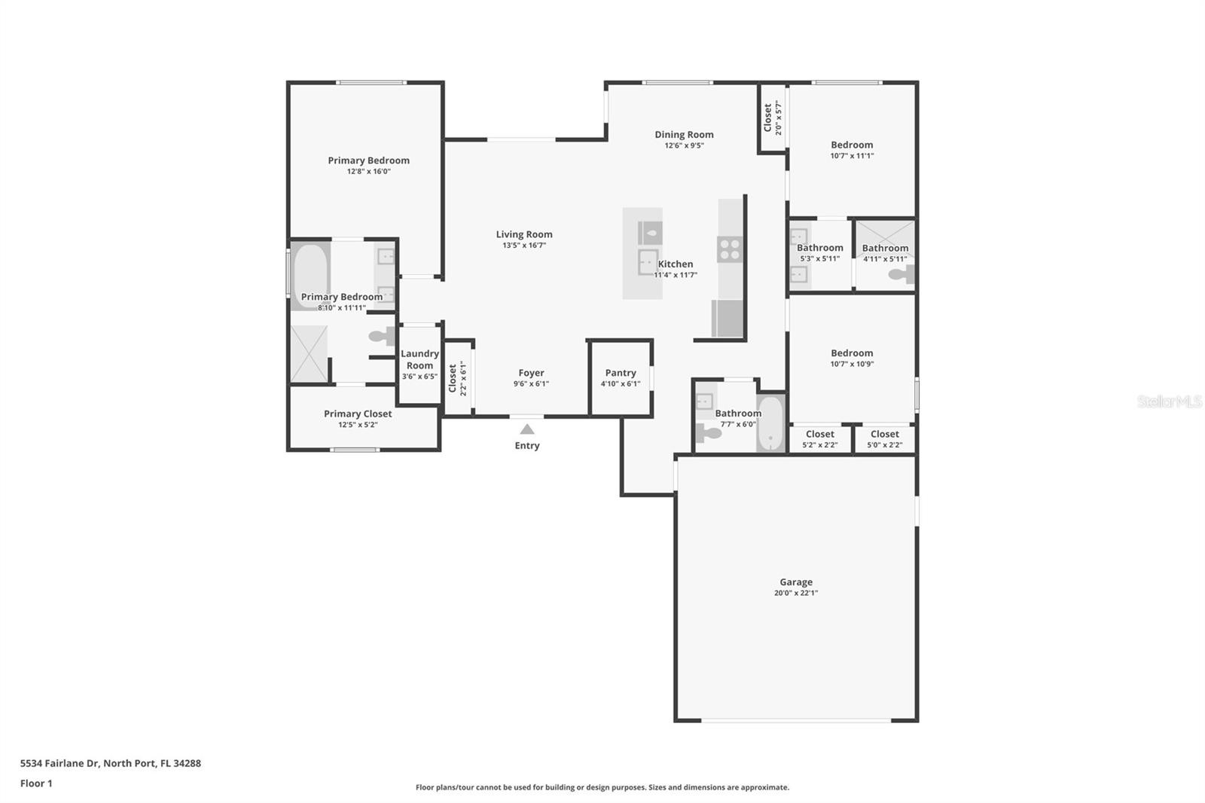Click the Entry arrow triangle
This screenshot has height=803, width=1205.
point(527,429)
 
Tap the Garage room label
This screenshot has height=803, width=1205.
point(796,582)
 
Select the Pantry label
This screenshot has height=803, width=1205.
point(621,372)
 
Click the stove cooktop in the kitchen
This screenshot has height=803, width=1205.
point(730,250)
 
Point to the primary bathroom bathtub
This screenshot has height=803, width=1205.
point(310,276)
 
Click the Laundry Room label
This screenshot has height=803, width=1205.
point(419,359)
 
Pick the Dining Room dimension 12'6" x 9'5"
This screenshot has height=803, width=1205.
point(685,145)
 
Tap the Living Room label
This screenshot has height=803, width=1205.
point(524,234)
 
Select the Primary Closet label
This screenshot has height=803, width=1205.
point(358,414)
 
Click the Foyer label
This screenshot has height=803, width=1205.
point(532,372)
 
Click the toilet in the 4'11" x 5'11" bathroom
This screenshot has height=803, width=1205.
point(901,274)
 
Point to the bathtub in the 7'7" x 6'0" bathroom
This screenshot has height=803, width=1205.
point(770,423)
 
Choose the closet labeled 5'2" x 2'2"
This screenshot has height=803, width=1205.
point(820,438)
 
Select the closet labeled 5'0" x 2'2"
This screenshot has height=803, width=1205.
point(885,438)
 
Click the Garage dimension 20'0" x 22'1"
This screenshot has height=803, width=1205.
point(796,593)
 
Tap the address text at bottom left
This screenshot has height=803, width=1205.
point(111,763)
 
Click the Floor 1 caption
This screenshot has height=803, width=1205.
point(37,783)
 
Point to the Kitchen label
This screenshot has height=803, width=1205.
point(676,264)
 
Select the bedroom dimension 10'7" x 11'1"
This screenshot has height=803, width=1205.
point(852,156)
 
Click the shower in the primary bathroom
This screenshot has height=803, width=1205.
point(309,353)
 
